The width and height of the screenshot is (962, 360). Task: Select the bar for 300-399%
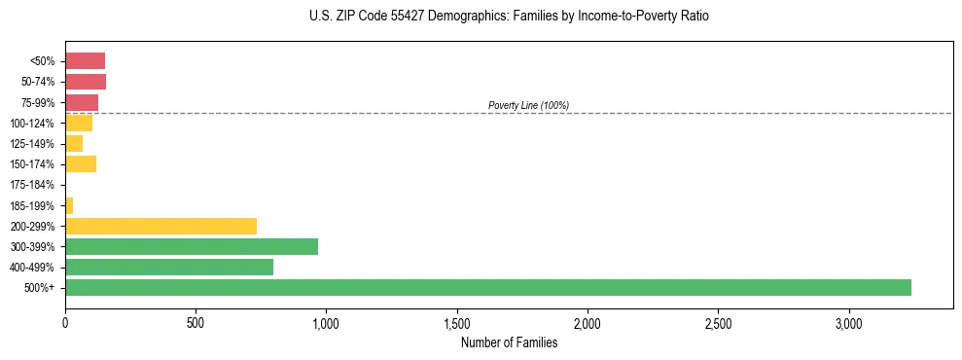click(x=192, y=246)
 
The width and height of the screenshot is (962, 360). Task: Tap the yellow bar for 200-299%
click(x=160, y=226)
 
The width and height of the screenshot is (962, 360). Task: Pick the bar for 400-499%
click(x=169, y=267)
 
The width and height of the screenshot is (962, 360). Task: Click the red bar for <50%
click(x=85, y=61)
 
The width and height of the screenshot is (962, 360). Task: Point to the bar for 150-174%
click(x=81, y=163)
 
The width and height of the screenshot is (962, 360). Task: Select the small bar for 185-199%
click(x=69, y=205)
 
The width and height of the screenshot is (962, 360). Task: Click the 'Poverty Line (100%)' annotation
click(x=528, y=105)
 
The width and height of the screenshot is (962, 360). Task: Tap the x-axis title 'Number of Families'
click(x=509, y=342)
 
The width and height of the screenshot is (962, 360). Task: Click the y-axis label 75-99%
click(x=39, y=102)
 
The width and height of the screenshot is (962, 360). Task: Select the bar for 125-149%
click(x=74, y=143)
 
